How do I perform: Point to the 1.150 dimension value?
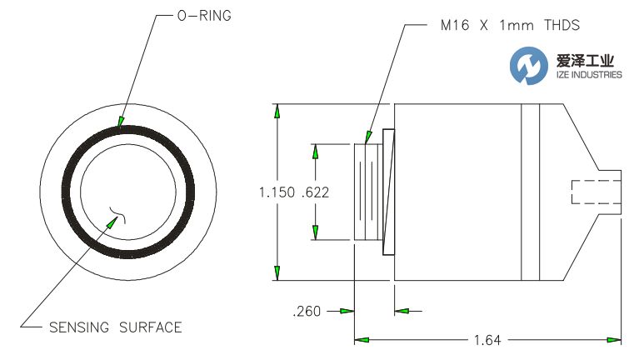276,192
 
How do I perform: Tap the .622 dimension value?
316,192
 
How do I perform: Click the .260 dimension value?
307,312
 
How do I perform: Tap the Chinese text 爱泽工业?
589,60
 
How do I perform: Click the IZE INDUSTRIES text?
589,75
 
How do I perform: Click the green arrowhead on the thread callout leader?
367,136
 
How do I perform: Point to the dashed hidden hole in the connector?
596,192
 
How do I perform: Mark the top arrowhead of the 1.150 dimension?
277,110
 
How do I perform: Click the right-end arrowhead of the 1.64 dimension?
616,340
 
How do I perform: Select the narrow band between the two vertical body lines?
531,192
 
